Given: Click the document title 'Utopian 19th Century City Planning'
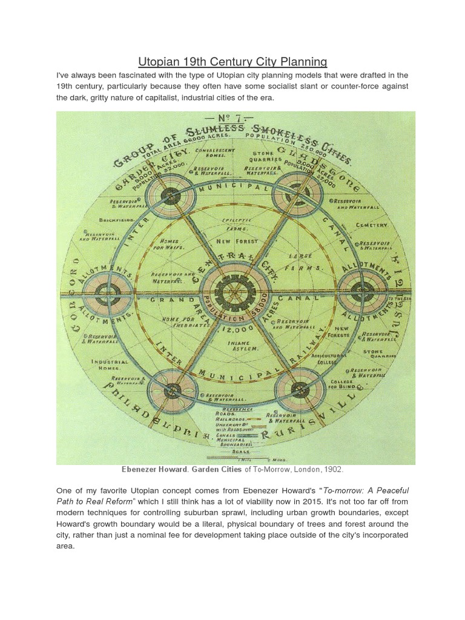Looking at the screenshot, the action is click(232, 62).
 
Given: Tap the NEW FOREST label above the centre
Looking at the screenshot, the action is click(237, 241).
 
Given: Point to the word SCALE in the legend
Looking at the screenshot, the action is click(241, 450).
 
